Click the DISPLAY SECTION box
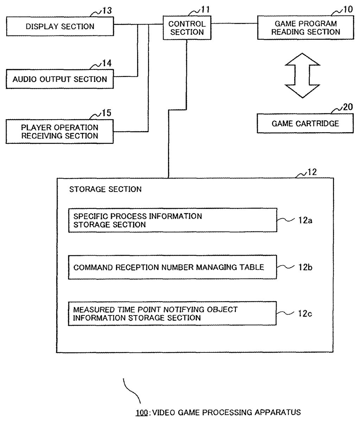coord(60,27)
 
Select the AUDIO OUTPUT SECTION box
coord(60,79)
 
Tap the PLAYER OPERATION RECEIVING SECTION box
coord(60,132)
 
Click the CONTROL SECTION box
coord(187,28)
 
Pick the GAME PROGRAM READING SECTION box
coord(306,28)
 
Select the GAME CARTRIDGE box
coord(305,123)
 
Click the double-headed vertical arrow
coord(302,75)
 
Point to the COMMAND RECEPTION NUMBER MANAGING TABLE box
coord(172,267)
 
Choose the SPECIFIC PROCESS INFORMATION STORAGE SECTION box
coord(172,220)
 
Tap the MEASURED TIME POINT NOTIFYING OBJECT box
coord(172,314)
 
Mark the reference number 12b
coord(305,267)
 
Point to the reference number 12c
coord(305,313)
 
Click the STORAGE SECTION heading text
coord(105,189)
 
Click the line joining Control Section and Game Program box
coord(234,24)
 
